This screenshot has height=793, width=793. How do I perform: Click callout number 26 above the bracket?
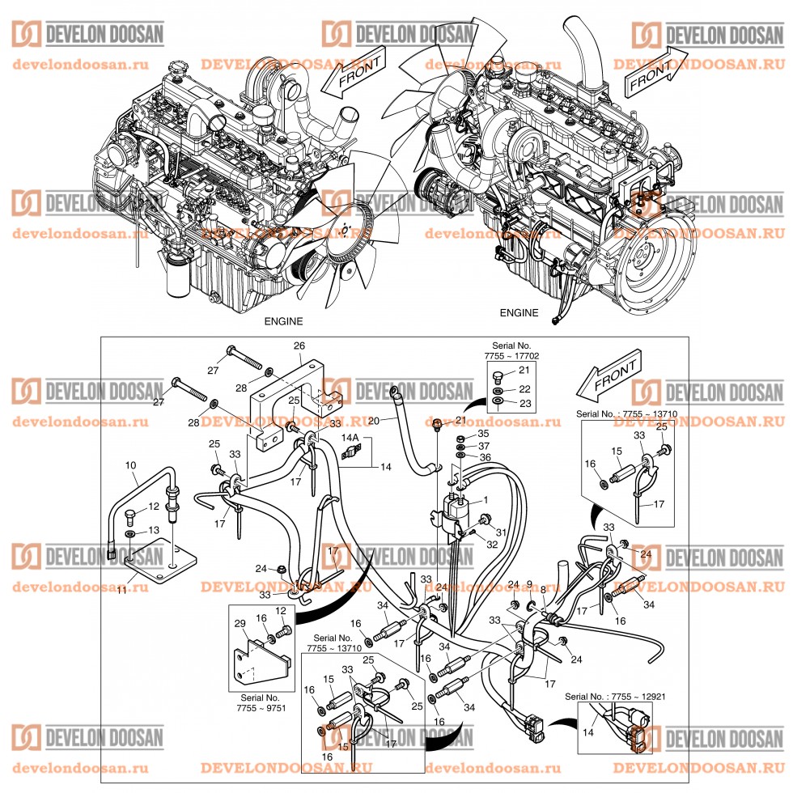(x=299, y=346)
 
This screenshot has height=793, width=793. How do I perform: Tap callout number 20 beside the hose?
(x=373, y=420)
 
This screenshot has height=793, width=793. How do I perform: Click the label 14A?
(x=350, y=436)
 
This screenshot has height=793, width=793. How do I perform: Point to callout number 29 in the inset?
(x=240, y=623)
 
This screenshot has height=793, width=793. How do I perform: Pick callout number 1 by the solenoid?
(x=486, y=500)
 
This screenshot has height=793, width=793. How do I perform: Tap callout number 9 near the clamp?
(x=529, y=583)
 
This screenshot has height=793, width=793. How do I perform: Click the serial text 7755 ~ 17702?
(x=512, y=355)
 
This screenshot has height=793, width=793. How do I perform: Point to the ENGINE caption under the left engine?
(x=283, y=320)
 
